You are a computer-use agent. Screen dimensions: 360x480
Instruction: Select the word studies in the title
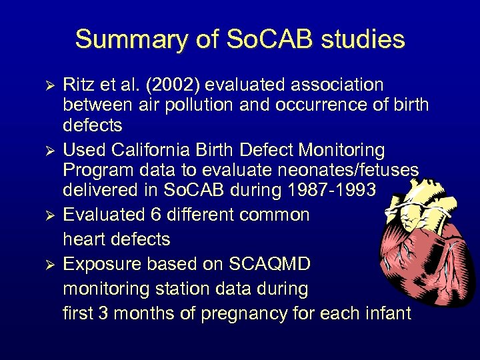(x=364, y=40)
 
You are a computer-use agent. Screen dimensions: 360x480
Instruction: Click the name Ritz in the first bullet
(x=78, y=85)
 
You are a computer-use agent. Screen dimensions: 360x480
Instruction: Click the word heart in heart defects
(x=87, y=239)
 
